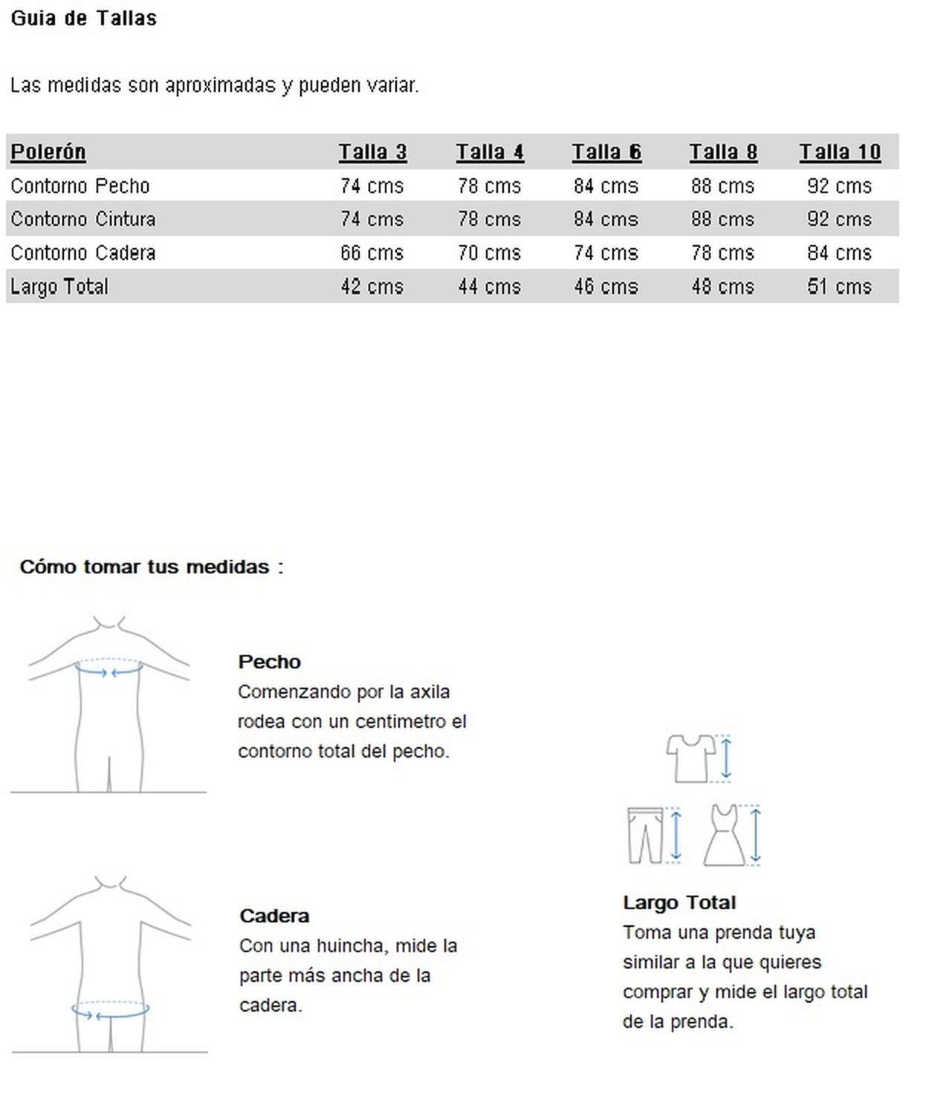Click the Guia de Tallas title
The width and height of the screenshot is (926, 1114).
[83, 18]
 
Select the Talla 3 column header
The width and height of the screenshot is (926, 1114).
[372, 152]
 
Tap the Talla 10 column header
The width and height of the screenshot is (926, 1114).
[840, 152]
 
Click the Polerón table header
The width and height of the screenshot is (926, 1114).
[48, 152]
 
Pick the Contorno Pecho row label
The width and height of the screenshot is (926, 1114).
[80, 186]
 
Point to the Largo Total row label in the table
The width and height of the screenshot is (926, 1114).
[59, 287]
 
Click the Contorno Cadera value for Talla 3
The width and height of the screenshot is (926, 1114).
[372, 253]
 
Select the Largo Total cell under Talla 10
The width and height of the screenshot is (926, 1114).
[839, 287]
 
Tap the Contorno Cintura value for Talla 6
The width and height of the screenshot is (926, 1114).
[606, 219]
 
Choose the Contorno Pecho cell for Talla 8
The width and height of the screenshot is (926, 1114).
[722, 186]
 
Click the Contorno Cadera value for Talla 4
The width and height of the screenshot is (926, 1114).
[489, 253]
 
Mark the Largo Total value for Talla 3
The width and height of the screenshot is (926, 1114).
[372, 287]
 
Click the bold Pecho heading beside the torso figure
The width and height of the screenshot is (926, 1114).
[269, 662]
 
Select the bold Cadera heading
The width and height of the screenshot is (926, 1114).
[274, 916]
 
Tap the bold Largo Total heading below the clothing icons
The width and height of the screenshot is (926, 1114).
[679, 902]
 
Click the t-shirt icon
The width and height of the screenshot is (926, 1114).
[690, 758]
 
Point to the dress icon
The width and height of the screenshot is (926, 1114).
[724, 835]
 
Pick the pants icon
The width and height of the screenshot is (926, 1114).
[644, 835]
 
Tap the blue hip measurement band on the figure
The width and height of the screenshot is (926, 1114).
[111, 1011]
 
